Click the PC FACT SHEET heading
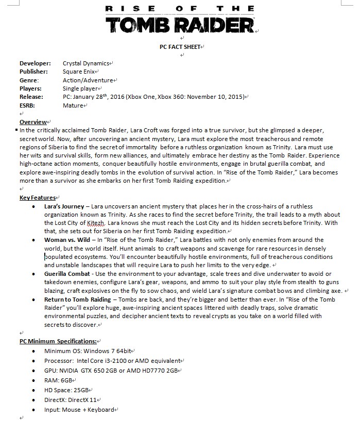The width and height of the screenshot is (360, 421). [180, 47]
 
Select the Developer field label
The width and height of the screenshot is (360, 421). [35, 63]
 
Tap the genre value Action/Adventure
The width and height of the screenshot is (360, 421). [88, 80]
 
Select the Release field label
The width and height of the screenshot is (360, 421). [31, 96]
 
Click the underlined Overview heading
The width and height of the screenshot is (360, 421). [33, 122]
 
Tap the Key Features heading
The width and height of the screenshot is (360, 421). [38, 198]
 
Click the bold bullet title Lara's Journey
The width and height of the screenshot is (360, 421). [64, 206]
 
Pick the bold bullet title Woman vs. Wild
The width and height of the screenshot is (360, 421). [67, 240]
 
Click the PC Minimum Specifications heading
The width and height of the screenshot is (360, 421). [58, 341]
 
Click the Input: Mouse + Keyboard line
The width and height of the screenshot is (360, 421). [79, 410]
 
